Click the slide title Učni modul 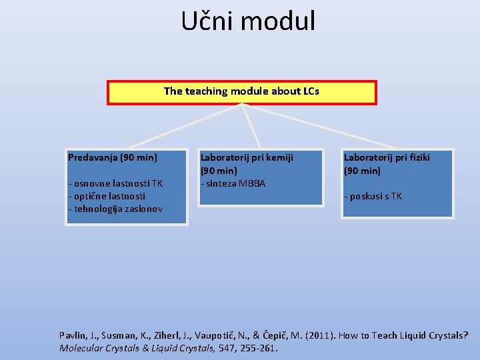click(x=248, y=21)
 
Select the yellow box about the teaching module click(x=241, y=92)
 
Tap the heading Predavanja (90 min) click(x=113, y=157)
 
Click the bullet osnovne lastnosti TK click(x=115, y=183)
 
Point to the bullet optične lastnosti click(x=106, y=196)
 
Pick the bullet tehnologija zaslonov click(x=115, y=209)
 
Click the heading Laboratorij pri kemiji click(x=247, y=157)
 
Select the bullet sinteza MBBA click(x=233, y=183)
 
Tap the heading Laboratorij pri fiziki click(x=387, y=157)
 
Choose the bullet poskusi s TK click(x=373, y=196)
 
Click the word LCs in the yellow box click(x=310, y=91)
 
